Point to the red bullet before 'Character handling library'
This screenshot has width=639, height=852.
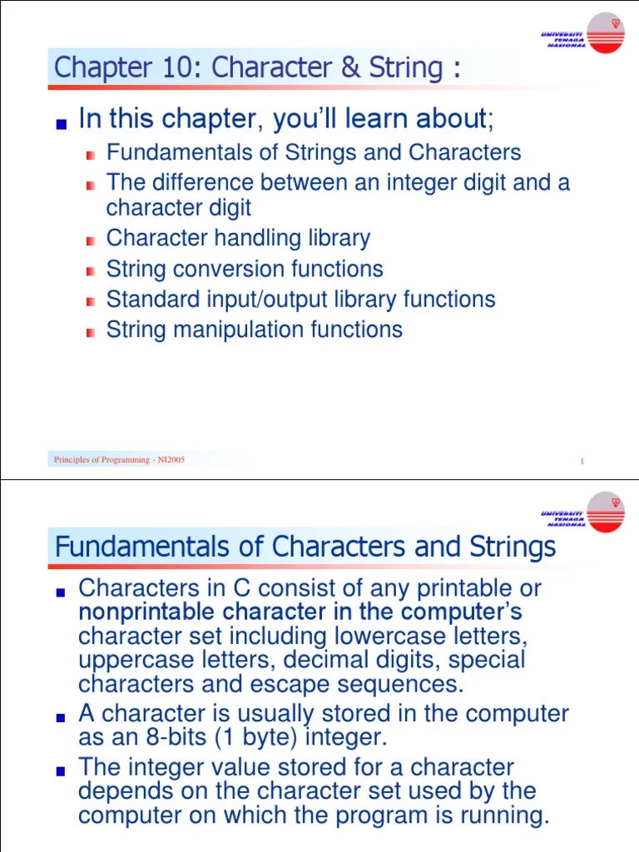[91, 241]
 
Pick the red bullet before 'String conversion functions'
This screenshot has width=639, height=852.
[91, 272]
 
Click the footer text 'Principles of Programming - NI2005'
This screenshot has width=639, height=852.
[119, 460]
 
